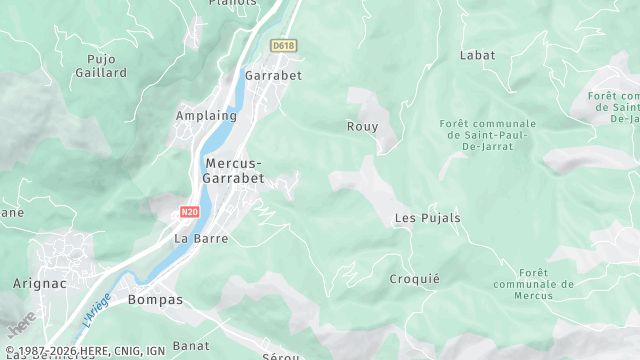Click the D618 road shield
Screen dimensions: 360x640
tap(284, 46)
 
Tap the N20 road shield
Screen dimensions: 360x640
tap(189, 213)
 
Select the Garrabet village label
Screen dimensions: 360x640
tap(273, 75)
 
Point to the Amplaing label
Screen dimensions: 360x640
tap(206, 116)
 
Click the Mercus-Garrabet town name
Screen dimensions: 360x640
tap(234, 170)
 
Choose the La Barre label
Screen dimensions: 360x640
tap(201, 239)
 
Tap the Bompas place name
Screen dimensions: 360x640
tap(155, 299)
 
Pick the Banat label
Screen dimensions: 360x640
tap(190, 346)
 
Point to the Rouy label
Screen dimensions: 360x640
tap(362, 126)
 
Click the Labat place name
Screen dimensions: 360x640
tap(477, 56)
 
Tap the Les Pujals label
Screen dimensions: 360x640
tap(427, 218)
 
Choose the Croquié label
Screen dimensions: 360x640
tap(414, 279)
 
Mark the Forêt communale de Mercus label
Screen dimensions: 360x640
tap(533, 284)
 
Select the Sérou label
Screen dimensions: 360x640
tap(281, 355)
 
